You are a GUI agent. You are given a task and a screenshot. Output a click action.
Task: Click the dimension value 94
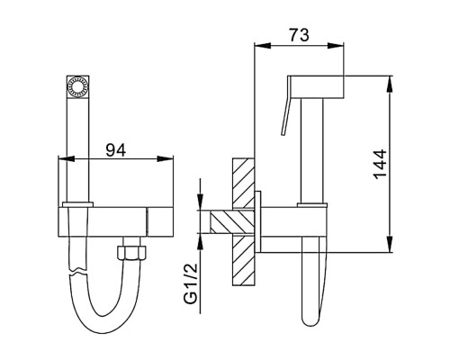pyautogui.click(x=116, y=150)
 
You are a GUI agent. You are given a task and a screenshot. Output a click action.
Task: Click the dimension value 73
pyautogui.click(x=299, y=35)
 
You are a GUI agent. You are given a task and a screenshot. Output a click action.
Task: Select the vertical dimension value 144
pyautogui.click(x=381, y=164)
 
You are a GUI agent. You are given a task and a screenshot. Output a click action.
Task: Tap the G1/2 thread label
pyautogui.click(x=192, y=283)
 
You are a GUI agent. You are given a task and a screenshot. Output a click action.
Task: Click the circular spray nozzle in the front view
pyautogui.click(x=77, y=86)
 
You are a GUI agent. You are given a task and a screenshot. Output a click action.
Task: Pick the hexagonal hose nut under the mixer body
pyautogui.click(x=132, y=253)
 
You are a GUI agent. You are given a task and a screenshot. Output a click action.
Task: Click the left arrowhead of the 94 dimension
pyautogui.click(x=66, y=158)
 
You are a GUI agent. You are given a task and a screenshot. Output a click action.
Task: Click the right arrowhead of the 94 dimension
pyautogui.click(x=165, y=158)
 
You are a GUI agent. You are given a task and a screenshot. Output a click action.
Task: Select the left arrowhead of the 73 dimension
pyautogui.click(x=263, y=46)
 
